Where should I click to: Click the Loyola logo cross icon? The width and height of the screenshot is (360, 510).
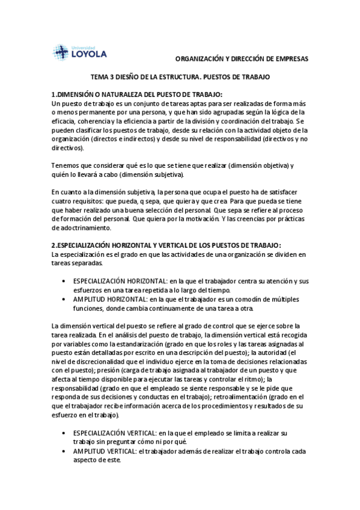pyautogui.click(x=61, y=52)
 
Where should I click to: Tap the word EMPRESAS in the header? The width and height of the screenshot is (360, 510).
pyautogui.click(x=290, y=59)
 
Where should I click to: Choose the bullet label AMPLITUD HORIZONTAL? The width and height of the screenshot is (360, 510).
pyautogui.click(x=110, y=299)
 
